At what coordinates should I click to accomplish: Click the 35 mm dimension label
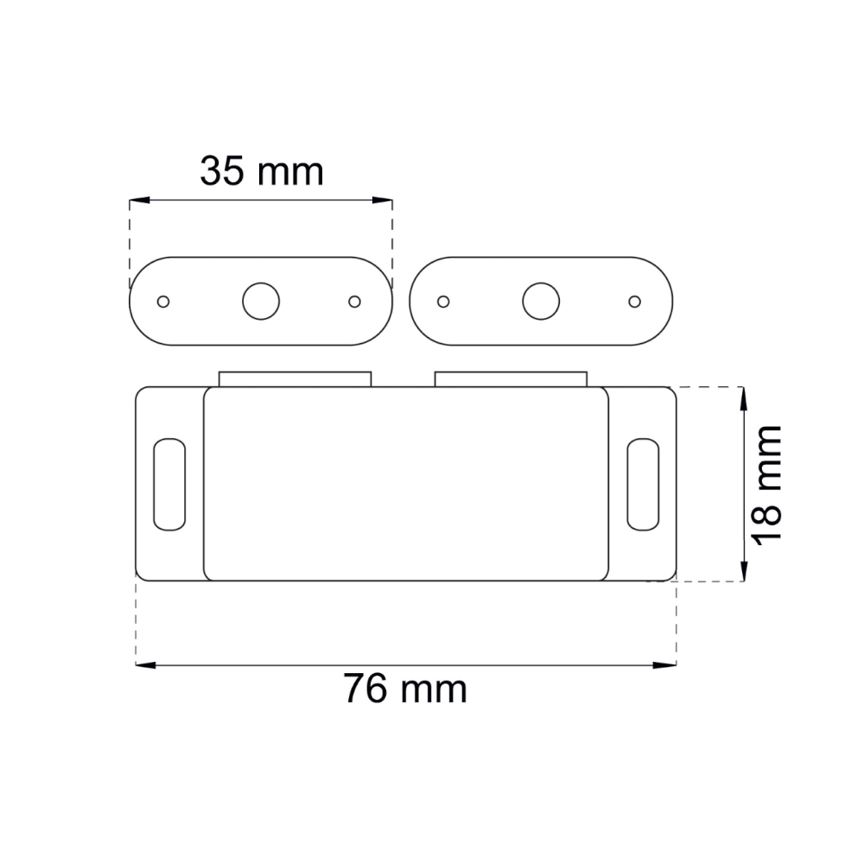[x=262, y=171]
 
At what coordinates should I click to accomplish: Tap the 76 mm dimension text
[x=405, y=689]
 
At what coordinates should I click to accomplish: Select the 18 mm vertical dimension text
[x=767, y=485]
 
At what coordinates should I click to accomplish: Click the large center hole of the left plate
[x=261, y=302]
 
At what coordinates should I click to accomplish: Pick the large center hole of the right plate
[x=541, y=302]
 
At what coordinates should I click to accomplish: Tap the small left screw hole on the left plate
[x=163, y=302]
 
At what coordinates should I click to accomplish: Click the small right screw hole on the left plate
[x=355, y=302]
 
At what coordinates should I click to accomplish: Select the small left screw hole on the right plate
[x=443, y=302]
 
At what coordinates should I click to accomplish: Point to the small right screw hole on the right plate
[x=635, y=302]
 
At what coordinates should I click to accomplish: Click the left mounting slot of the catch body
[x=169, y=485]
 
